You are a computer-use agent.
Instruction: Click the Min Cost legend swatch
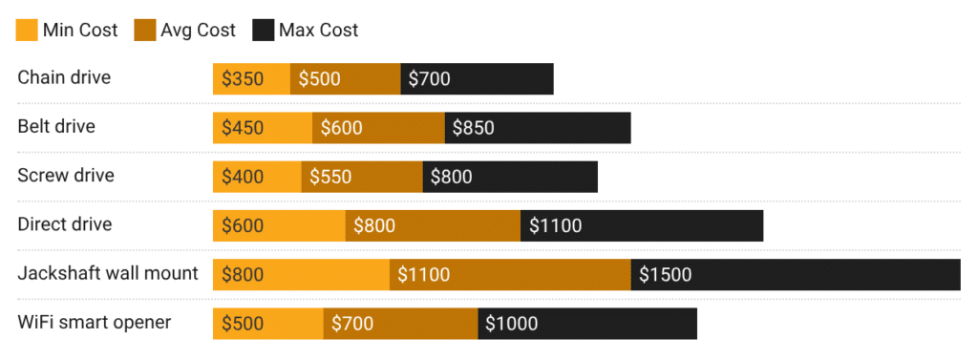click(x=27, y=30)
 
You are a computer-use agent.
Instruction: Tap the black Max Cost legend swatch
click(x=263, y=30)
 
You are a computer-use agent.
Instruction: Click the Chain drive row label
click(x=64, y=77)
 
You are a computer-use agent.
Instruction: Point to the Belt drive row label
click(x=56, y=126)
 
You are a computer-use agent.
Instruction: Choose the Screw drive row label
click(x=66, y=176)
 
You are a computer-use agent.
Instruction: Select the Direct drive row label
click(x=65, y=224)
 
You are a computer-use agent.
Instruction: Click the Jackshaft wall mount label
click(x=108, y=274)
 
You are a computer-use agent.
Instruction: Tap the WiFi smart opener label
click(x=95, y=323)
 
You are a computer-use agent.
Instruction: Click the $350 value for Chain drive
click(x=243, y=79)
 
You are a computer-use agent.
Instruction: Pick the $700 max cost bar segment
click(x=477, y=79)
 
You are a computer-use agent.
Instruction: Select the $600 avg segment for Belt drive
click(x=378, y=128)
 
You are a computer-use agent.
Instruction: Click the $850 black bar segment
click(x=538, y=128)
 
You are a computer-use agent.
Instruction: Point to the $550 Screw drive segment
click(x=362, y=177)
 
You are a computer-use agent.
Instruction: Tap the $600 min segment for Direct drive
click(x=279, y=226)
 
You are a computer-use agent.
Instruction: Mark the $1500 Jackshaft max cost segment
click(x=796, y=275)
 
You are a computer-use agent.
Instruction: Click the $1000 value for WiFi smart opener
click(x=587, y=324)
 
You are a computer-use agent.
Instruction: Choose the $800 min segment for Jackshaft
click(x=301, y=275)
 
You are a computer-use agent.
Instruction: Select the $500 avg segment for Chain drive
click(x=345, y=79)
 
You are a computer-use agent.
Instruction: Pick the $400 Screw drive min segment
click(x=257, y=177)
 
